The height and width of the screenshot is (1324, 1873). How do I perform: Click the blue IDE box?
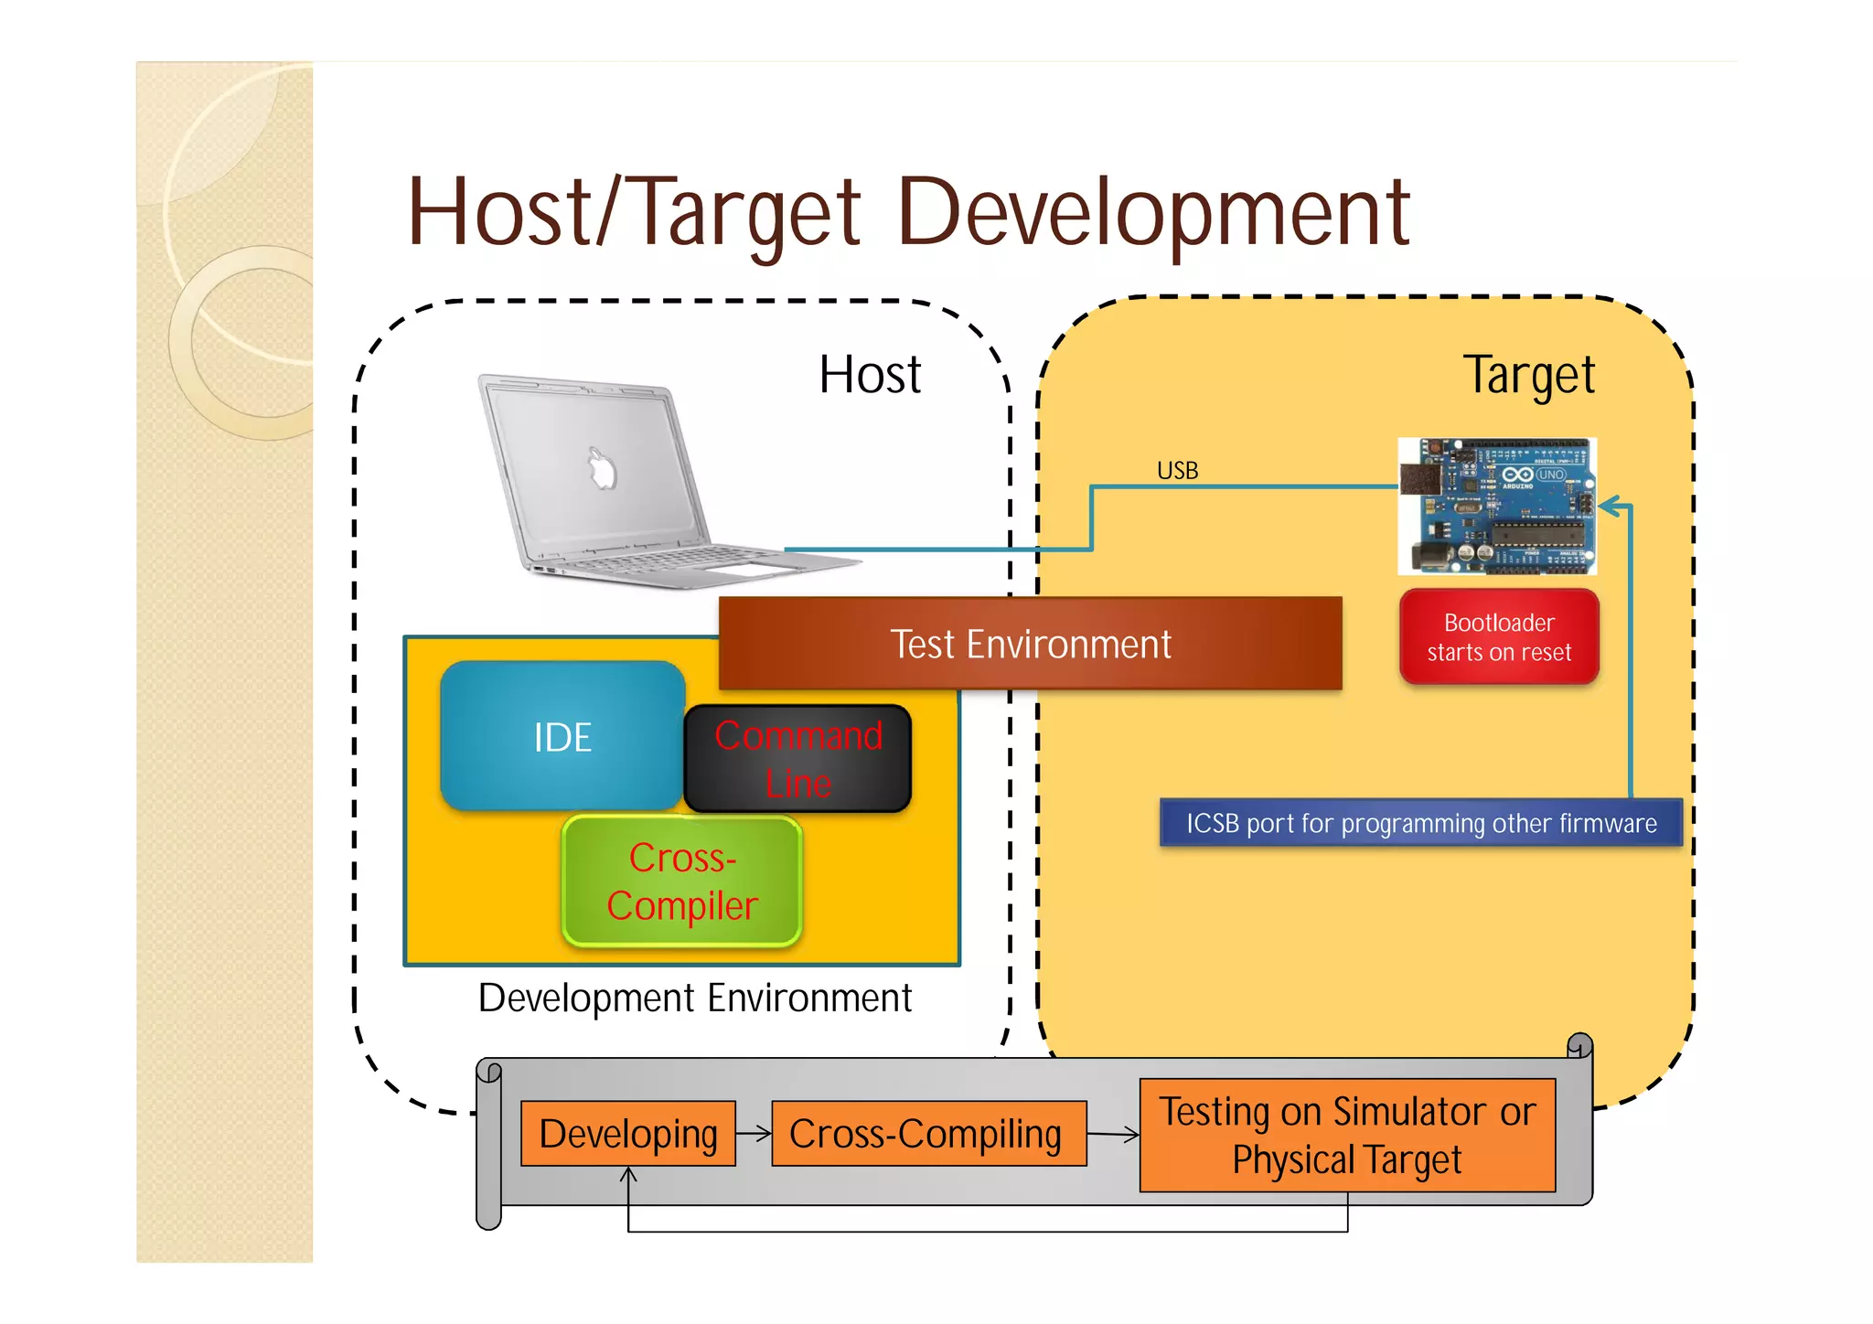[562, 736]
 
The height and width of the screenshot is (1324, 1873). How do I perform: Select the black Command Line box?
[797, 759]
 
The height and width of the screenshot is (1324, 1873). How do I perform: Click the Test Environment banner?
[1030, 644]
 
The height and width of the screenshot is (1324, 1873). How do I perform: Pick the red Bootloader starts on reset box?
[1499, 637]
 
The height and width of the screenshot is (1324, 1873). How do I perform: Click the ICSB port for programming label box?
[1420, 823]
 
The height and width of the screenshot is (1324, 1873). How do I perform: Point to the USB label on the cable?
[1177, 471]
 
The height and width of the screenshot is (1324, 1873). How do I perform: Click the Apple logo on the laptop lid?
[602, 469]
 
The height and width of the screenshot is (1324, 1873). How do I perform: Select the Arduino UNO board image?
[1497, 506]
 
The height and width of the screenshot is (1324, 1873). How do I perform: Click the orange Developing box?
[627, 1134]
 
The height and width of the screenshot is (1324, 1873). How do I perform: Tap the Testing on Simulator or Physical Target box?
[1347, 1135]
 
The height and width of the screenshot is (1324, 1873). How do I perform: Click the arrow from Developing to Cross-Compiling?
[755, 1134]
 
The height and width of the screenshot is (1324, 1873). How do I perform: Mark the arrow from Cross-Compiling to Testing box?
[1114, 1135]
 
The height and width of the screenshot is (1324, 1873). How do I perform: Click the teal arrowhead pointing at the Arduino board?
[1611, 507]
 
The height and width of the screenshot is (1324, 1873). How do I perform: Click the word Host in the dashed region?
[870, 375]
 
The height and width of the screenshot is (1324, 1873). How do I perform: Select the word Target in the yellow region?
[1529, 375]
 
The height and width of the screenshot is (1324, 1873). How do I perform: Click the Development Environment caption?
[695, 998]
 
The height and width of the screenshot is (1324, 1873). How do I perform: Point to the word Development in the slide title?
[1154, 213]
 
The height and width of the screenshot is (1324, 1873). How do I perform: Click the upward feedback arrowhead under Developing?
[628, 1174]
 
